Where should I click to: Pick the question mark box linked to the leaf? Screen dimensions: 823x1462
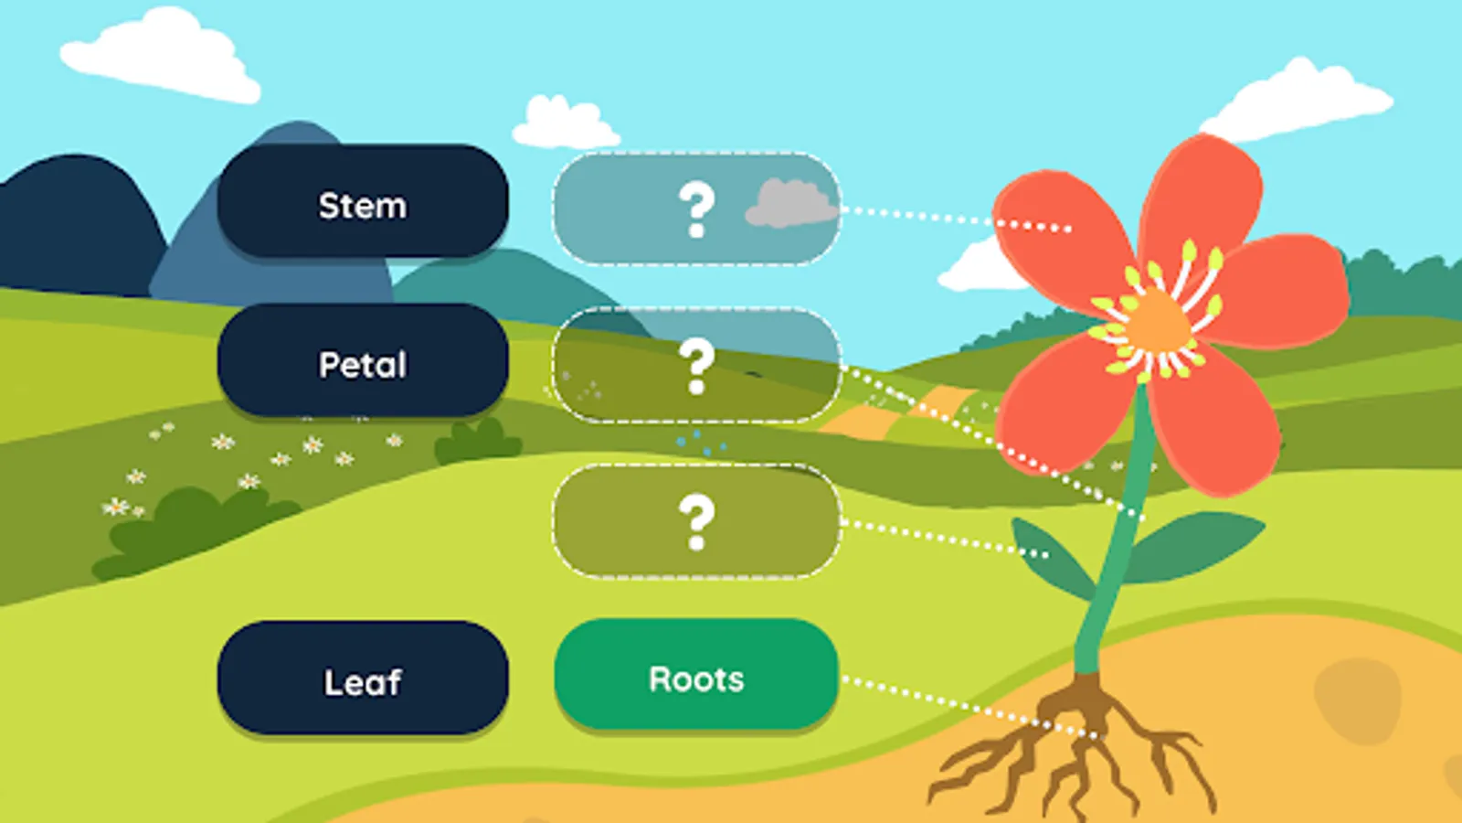tap(696, 521)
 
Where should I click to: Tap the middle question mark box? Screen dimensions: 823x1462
tap(696, 365)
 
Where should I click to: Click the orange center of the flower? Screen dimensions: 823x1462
tap(1157, 320)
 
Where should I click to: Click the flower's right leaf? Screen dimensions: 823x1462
tap(1197, 544)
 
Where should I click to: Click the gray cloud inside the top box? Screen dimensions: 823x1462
tap(791, 203)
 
